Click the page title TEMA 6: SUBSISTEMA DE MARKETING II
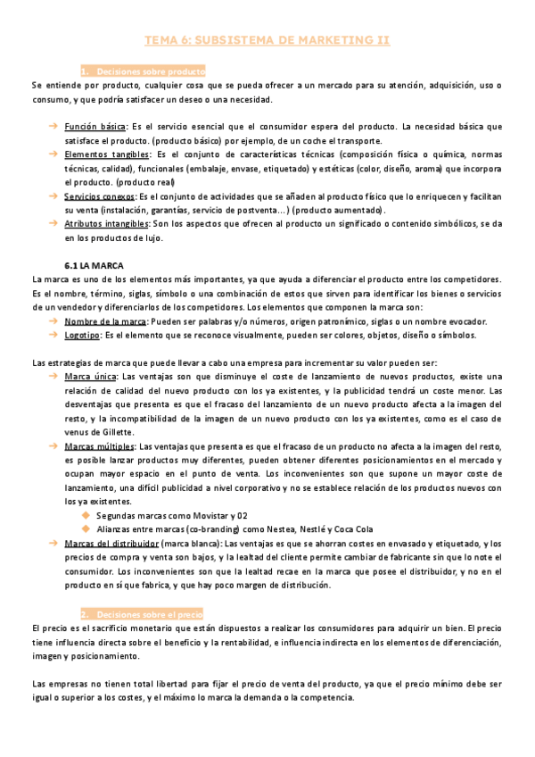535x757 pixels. [267, 40]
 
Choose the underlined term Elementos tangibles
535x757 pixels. [101, 154]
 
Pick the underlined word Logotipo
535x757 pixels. [83, 336]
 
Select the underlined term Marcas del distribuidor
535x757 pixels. [111, 544]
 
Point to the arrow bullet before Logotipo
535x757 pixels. [53, 336]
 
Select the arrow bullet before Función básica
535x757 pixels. [53, 127]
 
